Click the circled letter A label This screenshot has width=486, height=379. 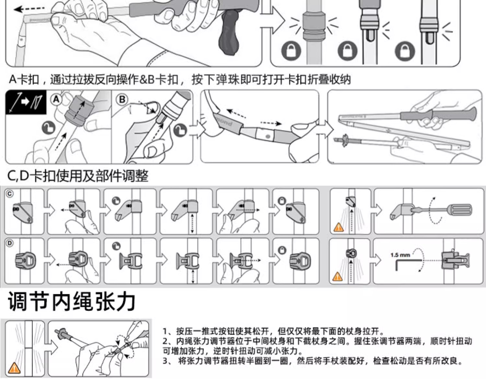(x=56, y=99)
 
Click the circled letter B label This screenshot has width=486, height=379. (x=122, y=99)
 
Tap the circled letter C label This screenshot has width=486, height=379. (x=10, y=194)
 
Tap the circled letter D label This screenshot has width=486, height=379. (x=10, y=243)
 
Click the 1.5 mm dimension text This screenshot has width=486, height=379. (x=400, y=255)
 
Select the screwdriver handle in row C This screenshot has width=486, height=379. (x=459, y=210)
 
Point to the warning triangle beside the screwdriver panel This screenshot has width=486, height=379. (x=338, y=227)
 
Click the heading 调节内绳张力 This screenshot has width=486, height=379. (x=72, y=302)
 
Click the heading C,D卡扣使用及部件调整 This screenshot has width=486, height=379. (x=78, y=176)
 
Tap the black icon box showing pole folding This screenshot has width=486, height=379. (x=26, y=102)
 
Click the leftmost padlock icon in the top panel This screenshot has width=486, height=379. (x=291, y=51)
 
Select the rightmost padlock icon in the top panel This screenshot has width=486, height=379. (x=405, y=51)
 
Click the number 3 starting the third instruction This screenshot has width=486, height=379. (x=165, y=361)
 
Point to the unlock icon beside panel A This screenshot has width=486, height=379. (x=49, y=128)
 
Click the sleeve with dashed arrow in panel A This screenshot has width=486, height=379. (x=79, y=109)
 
